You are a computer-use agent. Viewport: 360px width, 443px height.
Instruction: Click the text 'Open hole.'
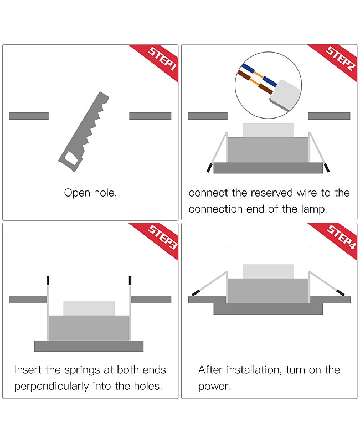click(90, 193)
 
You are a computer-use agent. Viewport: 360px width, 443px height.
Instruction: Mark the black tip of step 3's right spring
click(130, 280)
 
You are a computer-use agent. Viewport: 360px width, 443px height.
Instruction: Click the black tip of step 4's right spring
click(340, 292)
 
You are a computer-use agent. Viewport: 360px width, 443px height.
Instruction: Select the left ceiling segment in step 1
click(29, 116)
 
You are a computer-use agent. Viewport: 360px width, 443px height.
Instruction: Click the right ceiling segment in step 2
click(329, 116)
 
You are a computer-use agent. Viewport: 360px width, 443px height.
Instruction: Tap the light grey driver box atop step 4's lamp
click(268, 271)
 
